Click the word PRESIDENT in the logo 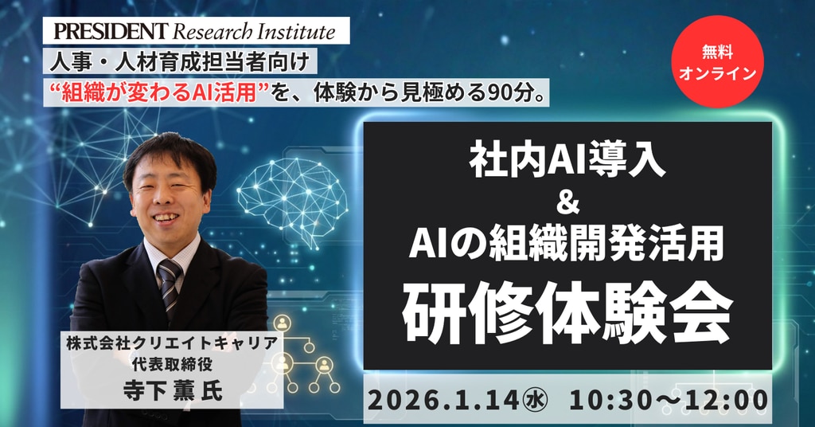coord(111,31)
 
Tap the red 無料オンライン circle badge coord(717,61)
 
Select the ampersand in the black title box coord(567,203)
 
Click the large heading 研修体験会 coord(567,312)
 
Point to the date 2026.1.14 coord(443,401)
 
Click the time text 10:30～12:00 coord(669,401)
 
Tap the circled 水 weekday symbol coord(533,401)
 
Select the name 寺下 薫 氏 coord(173,390)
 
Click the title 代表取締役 coord(172,364)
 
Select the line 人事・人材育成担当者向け coord(180,62)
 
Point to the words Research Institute coord(254,32)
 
